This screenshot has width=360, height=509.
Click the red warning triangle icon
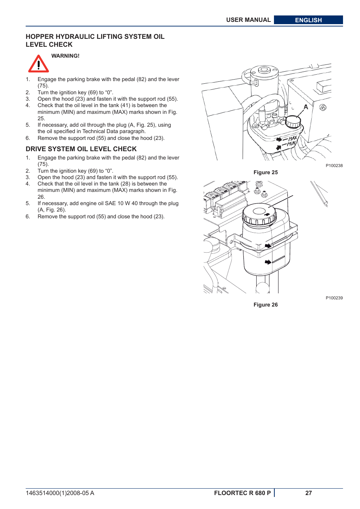point(38,64)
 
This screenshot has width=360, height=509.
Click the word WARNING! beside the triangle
point(65,56)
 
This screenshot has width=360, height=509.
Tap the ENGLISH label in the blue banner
point(308,20)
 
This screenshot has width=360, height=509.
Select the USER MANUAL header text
point(248,20)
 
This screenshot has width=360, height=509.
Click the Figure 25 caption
point(265,172)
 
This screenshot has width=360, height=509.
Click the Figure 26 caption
point(265,305)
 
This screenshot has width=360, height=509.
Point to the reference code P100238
point(334,166)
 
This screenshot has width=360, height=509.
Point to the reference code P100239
point(334,298)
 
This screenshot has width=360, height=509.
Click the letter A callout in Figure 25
point(306,107)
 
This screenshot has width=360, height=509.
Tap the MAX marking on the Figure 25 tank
point(292,138)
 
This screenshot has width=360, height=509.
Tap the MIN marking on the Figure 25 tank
point(291,144)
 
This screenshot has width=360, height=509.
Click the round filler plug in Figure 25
point(293,122)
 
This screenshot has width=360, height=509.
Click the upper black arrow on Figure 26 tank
point(268,246)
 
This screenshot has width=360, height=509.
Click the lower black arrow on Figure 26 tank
point(268,262)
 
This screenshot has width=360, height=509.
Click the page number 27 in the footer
point(308,493)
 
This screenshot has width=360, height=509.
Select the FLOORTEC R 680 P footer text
point(242,493)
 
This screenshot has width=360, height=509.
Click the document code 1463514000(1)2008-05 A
point(60,493)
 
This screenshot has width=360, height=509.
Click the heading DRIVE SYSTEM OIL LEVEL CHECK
point(81,149)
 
